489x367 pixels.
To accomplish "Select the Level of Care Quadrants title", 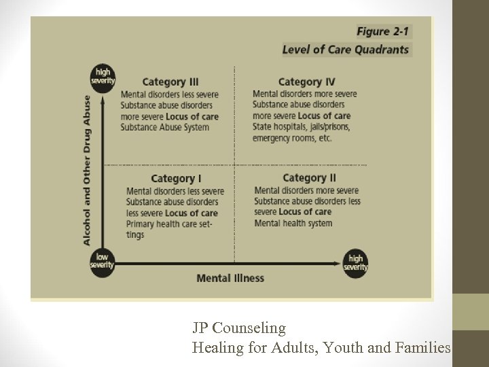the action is click(x=346, y=49).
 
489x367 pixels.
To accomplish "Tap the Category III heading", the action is click(x=170, y=82).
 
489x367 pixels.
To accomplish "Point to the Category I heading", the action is click(x=176, y=179).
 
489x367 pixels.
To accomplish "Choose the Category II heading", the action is click(x=310, y=179).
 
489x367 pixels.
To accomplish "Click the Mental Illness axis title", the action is click(x=230, y=278).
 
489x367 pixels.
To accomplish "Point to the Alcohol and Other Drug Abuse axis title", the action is click(x=87, y=170).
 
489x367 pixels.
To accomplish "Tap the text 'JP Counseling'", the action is click(x=238, y=328).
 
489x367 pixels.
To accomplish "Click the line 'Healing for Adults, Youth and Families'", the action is click(x=321, y=348).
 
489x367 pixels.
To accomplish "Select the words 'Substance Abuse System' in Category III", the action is click(x=165, y=127).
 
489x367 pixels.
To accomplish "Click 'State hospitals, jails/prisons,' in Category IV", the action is click(x=301, y=127).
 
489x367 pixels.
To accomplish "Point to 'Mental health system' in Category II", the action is click(x=293, y=223).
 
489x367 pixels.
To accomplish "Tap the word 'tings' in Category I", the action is click(x=135, y=234).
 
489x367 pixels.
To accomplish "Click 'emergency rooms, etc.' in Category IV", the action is click(x=292, y=138).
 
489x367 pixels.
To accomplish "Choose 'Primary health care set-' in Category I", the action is click(x=174, y=224).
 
